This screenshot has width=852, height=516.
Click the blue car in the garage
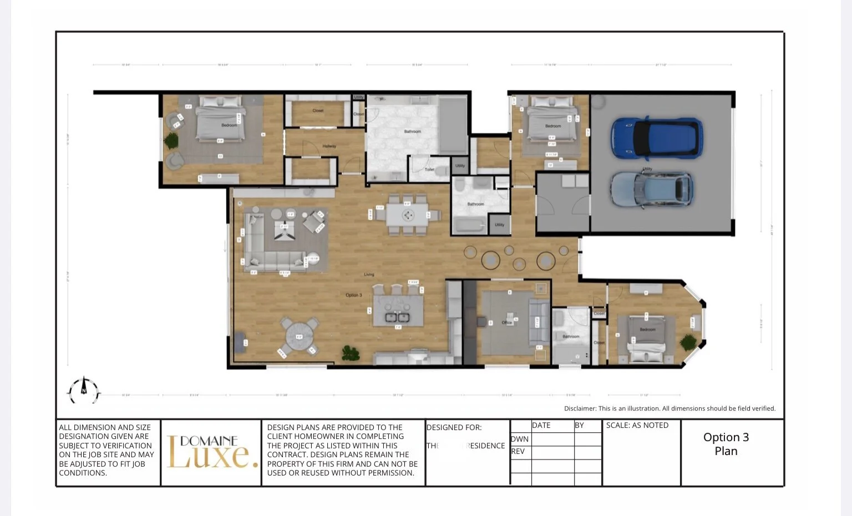pyautogui.click(x=657, y=137)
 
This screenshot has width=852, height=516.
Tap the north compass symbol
pyautogui.click(x=84, y=390)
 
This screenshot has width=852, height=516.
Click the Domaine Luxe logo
pyautogui.click(x=211, y=452)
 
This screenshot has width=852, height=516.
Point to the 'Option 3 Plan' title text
pyautogui.click(x=726, y=444)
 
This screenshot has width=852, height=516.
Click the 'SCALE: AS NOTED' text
pyautogui.click(x=637, y=426)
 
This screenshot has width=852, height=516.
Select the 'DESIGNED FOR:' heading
pyautogui.click(x=454, y=427)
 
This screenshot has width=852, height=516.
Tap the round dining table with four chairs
pyautogui.click(x=299, y=337)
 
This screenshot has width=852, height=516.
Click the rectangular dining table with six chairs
pyautogui.click(x=408, y=215)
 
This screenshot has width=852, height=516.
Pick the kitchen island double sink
pyautogui.click(x=397, y=317)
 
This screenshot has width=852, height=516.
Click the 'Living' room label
pyautogui.click(x=369, y=275)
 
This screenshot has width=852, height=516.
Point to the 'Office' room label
pyautogui.click(x=506, y=322)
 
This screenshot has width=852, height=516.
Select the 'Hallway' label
pyautogui.click(x=329, y=146)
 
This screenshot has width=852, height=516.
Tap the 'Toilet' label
pyautogui.click(x=429, y=169)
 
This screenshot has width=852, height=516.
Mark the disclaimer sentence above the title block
pyautogui.click(x=670, y=408)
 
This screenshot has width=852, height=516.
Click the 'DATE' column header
pyautogui.click(x=541, y=426)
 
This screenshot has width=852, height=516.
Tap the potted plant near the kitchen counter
pyautogui.click(x=350, y=353)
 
